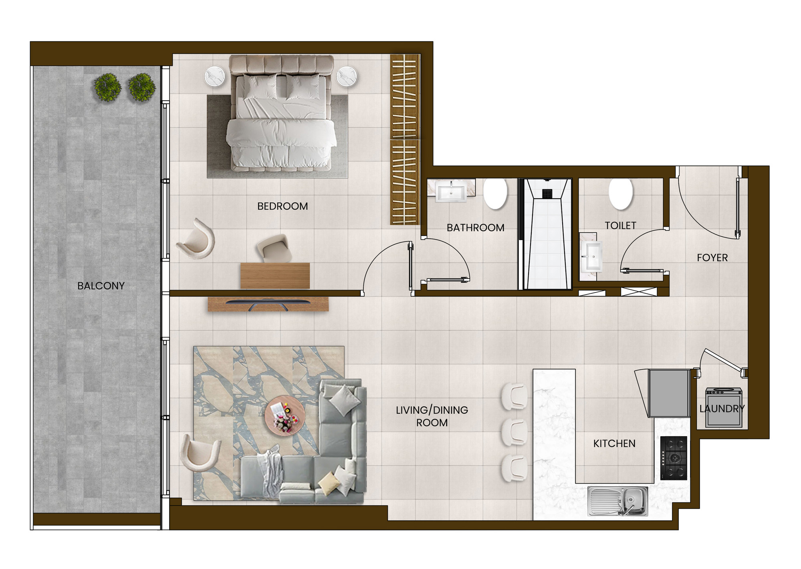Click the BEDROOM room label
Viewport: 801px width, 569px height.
(282, 206)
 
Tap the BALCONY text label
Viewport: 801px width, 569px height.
(101, 286)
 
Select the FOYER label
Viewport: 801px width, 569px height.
(712, 258)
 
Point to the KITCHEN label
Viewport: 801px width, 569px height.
(614, 443)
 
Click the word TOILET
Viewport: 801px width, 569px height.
(620, 226)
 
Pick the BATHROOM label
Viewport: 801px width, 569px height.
(475, 228)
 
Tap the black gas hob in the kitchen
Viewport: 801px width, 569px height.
(674, 458)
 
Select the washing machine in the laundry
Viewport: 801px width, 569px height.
(724, 407)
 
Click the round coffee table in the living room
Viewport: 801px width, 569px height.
(285, 416)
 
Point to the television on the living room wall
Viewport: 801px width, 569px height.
(268, 303)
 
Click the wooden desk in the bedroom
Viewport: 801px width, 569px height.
(275, 275)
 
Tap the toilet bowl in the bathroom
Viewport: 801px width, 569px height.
(496, 193)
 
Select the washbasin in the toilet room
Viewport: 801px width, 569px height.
(591, 256)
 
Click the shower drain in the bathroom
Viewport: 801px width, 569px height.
(547, 193)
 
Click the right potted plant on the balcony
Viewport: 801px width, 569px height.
(142, 87)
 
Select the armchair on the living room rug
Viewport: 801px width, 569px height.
(200, 453)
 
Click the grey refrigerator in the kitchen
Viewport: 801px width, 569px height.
(669, 393)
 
